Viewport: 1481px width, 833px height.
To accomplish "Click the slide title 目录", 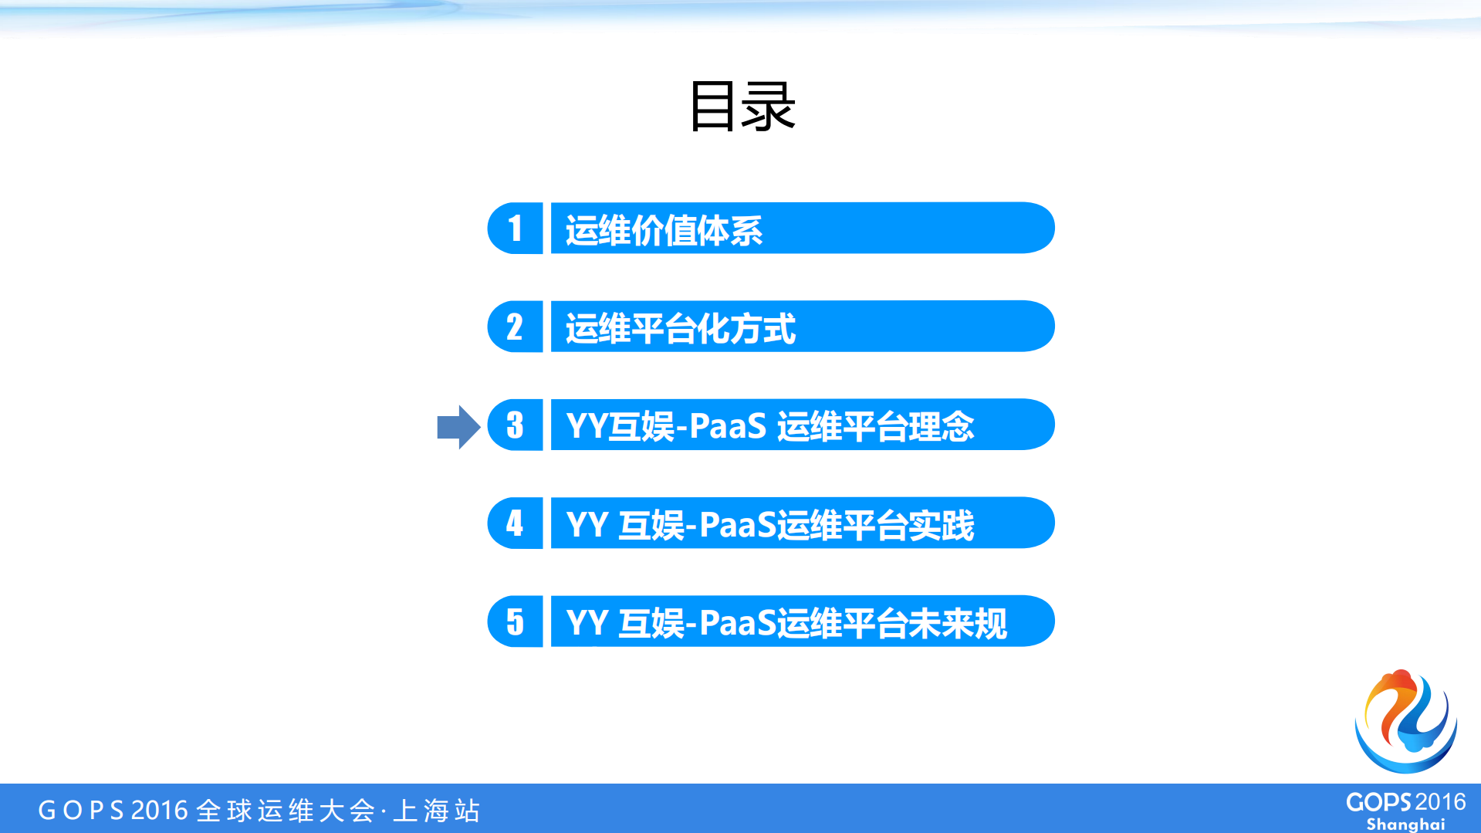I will click(742, 107).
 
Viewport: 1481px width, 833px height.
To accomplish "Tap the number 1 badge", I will click(515, 229).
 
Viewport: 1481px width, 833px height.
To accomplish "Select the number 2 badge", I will click(515, 327).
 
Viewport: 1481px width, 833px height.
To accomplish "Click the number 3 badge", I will click(515, 425).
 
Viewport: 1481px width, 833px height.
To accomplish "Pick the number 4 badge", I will click(515, 523).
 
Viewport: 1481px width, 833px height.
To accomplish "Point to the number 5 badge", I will click(515, 621).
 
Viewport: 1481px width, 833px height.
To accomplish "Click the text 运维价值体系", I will click(664, 230).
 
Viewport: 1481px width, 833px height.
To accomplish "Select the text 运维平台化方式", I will click(680, 328).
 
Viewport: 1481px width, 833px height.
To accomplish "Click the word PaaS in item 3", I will click(727, 426).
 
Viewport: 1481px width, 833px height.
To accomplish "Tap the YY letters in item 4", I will click(587, 525).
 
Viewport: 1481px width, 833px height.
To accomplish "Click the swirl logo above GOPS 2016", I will click(1405, 721).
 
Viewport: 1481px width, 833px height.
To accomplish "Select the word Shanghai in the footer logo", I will click(1405, 824).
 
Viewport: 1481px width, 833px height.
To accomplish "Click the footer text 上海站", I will click(437, 811).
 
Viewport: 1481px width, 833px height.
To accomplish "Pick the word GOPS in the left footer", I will click(81, 811).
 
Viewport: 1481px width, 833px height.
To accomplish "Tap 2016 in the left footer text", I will click(160, 811).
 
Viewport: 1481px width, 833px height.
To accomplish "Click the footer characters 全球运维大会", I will click(286, 811).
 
